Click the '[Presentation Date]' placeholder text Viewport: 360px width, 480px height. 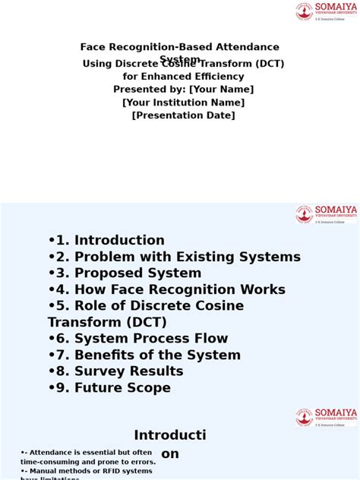[x=183, y=115]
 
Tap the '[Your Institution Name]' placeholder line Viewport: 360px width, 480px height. [x=183, y=103]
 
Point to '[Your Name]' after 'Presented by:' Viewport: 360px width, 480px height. [x=222, y=90]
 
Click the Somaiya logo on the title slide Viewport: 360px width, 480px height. [x=326, y=11]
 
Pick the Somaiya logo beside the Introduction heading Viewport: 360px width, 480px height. [x=326, y=417]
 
